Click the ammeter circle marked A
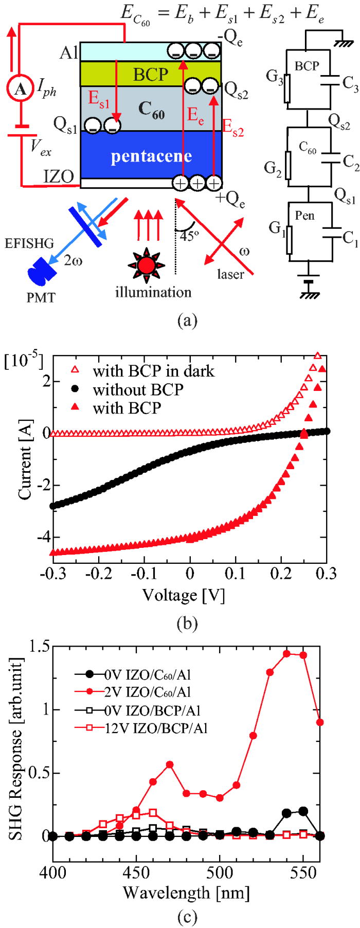pyautogui.click(x=21, y=90)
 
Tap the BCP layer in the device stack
pyautogui.click(x=150, y=74)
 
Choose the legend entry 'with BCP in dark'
pyautogui.click(x=153, y=371)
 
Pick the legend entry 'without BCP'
pyautogui.click(x=137, y=389)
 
